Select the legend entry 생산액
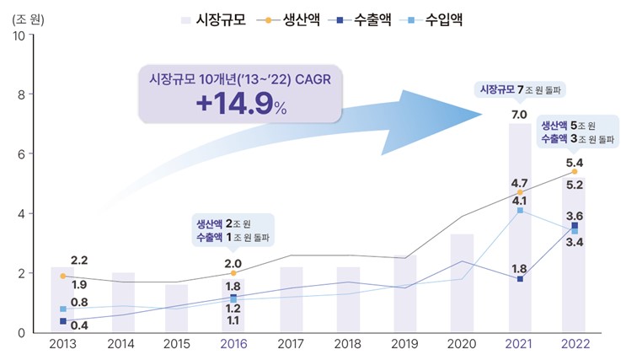pos(296,18)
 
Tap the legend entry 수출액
pos(376,18)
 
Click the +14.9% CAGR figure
pos(241,106)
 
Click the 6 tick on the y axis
pos(19,154)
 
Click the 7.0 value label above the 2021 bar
pos(519,114)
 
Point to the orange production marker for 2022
pos(575,172)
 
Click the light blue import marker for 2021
pos(520,211)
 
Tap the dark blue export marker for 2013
pos(63,321)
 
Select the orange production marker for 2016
pos(233,273)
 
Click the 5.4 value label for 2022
pos(575,162)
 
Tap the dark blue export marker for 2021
pos(520,279)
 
